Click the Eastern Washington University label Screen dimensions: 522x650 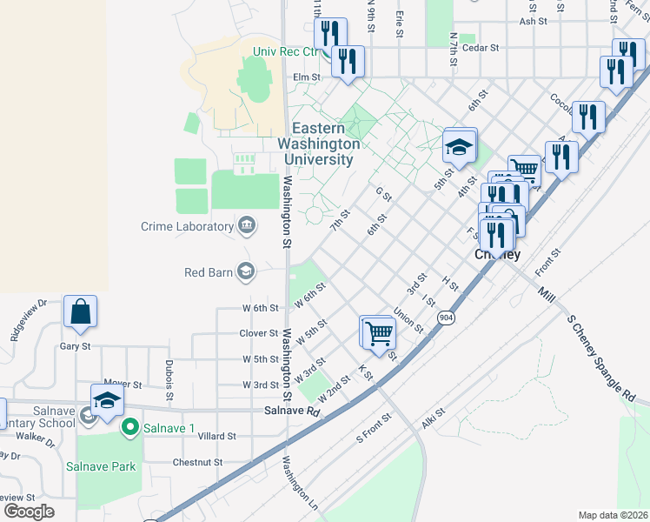point(319,144)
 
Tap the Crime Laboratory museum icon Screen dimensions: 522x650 point(247,227)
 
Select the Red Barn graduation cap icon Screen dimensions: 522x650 point(247,272)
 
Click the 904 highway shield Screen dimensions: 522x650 point(446,318)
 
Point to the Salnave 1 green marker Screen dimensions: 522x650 point(130,427)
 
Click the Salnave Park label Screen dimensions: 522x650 point(101,466)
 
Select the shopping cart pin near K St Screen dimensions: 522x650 point(378,331)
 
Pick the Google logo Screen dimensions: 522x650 point(28,512)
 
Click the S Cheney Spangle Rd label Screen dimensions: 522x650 point(600,354)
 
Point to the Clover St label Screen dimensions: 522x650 point(258,333)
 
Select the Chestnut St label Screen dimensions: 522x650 point(199,462)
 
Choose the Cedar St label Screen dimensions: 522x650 point(481,49)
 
